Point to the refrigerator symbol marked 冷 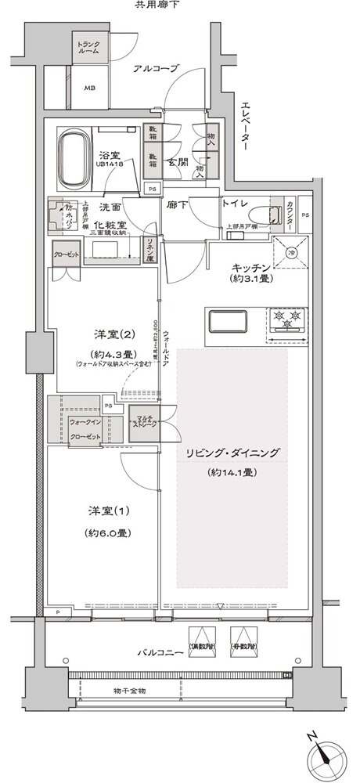coord(290,254)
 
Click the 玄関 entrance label coord(178,163)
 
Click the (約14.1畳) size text coord(233,472)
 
